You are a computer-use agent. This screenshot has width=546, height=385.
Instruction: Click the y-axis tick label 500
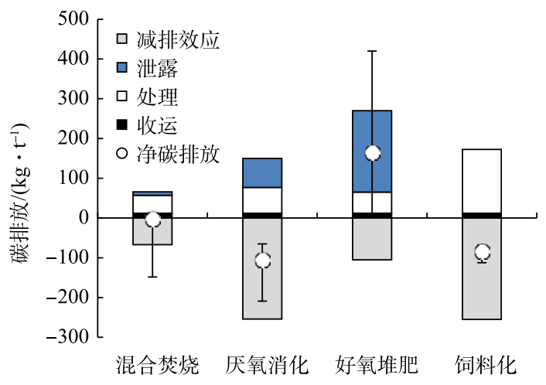(73, 19)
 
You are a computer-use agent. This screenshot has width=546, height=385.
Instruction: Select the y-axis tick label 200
(73, 138)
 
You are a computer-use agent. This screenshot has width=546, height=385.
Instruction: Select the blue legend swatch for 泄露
(121, 69)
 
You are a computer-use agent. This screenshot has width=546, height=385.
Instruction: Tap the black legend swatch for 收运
(121, 126)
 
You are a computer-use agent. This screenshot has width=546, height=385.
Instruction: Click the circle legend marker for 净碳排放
(121, 155)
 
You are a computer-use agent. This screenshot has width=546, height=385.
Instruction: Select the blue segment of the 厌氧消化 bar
(262, 172)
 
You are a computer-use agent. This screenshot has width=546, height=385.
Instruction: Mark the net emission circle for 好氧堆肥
(373, 153)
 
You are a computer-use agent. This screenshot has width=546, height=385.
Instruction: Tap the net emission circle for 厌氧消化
(262, 261)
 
